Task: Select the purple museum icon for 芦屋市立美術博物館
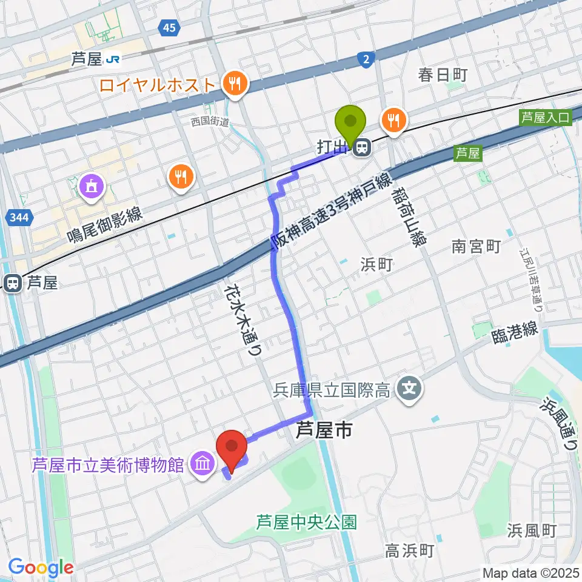pos(201,465)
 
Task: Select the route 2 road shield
pos(366,59)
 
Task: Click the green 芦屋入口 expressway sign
pos(546,118)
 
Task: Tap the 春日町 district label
pos(443,75)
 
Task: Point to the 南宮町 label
pos(476,246)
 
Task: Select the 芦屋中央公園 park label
pos(306,521)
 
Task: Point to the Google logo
pos(41,568)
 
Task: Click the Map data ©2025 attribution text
pos(531,572)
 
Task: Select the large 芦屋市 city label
pos(324,432)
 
